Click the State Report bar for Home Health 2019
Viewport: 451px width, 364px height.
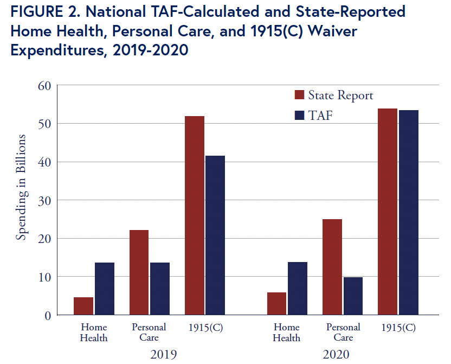(x=83, y=306)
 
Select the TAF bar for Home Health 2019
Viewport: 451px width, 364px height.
(x=105, y=289)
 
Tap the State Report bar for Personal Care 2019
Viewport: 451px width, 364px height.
(x=139, y=272)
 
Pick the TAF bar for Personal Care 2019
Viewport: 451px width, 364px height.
(x=160, y=289)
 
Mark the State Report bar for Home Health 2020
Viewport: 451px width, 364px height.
(x=276, y=304)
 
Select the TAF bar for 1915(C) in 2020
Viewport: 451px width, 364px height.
(x=409, y=212)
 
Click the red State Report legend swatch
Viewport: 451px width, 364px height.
(x=299, y=95)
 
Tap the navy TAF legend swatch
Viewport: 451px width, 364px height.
(x=299, y=114)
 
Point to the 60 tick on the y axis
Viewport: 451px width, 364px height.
(x=44, y=85)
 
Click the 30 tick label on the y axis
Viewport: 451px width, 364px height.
(x=44, y=200)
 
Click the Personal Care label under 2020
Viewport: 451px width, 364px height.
(x=343, y=332)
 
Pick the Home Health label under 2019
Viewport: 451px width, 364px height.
(x=94, y=332)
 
